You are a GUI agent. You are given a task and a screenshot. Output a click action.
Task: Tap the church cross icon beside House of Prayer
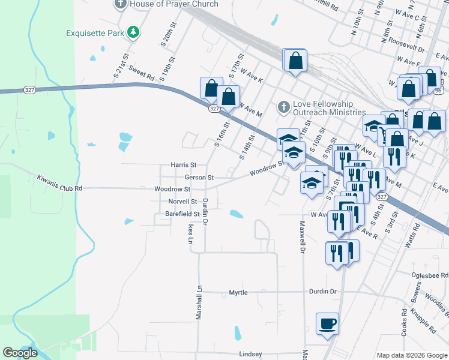(x=120, y=4)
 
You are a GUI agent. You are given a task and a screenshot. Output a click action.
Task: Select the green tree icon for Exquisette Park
(x=133, y=32)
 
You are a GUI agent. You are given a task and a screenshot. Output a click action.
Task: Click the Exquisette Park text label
(x=96, y=32)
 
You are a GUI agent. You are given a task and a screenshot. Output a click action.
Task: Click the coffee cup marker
(x=328, y=324)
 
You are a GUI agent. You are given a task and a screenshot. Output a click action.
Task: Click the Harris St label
(x=184, y=164)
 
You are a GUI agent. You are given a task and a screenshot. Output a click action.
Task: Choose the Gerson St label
(x=199, y=178)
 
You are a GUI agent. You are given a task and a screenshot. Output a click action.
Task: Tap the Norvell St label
(x=182, y=201)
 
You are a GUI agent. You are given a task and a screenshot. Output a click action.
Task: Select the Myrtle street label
(x=238, y=292)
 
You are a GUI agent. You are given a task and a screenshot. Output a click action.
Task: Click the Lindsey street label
(x=251, y=354)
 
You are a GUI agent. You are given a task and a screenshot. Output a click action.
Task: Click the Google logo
(x=20, y=353)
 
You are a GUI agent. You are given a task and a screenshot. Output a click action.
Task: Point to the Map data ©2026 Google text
(x=411, y=355)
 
